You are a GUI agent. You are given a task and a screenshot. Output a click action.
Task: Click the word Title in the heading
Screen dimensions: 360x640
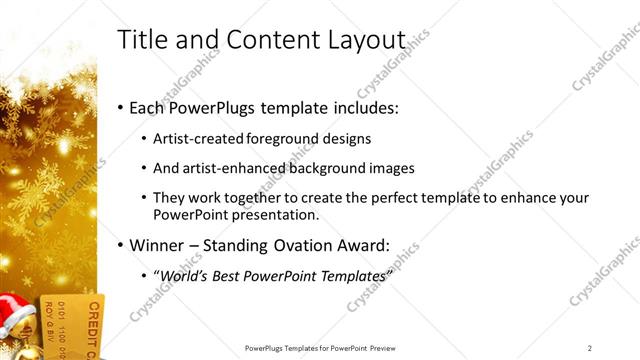(x=141, y=40)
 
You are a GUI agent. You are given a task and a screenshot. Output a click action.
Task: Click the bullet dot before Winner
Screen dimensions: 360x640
(x=121, y=245)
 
